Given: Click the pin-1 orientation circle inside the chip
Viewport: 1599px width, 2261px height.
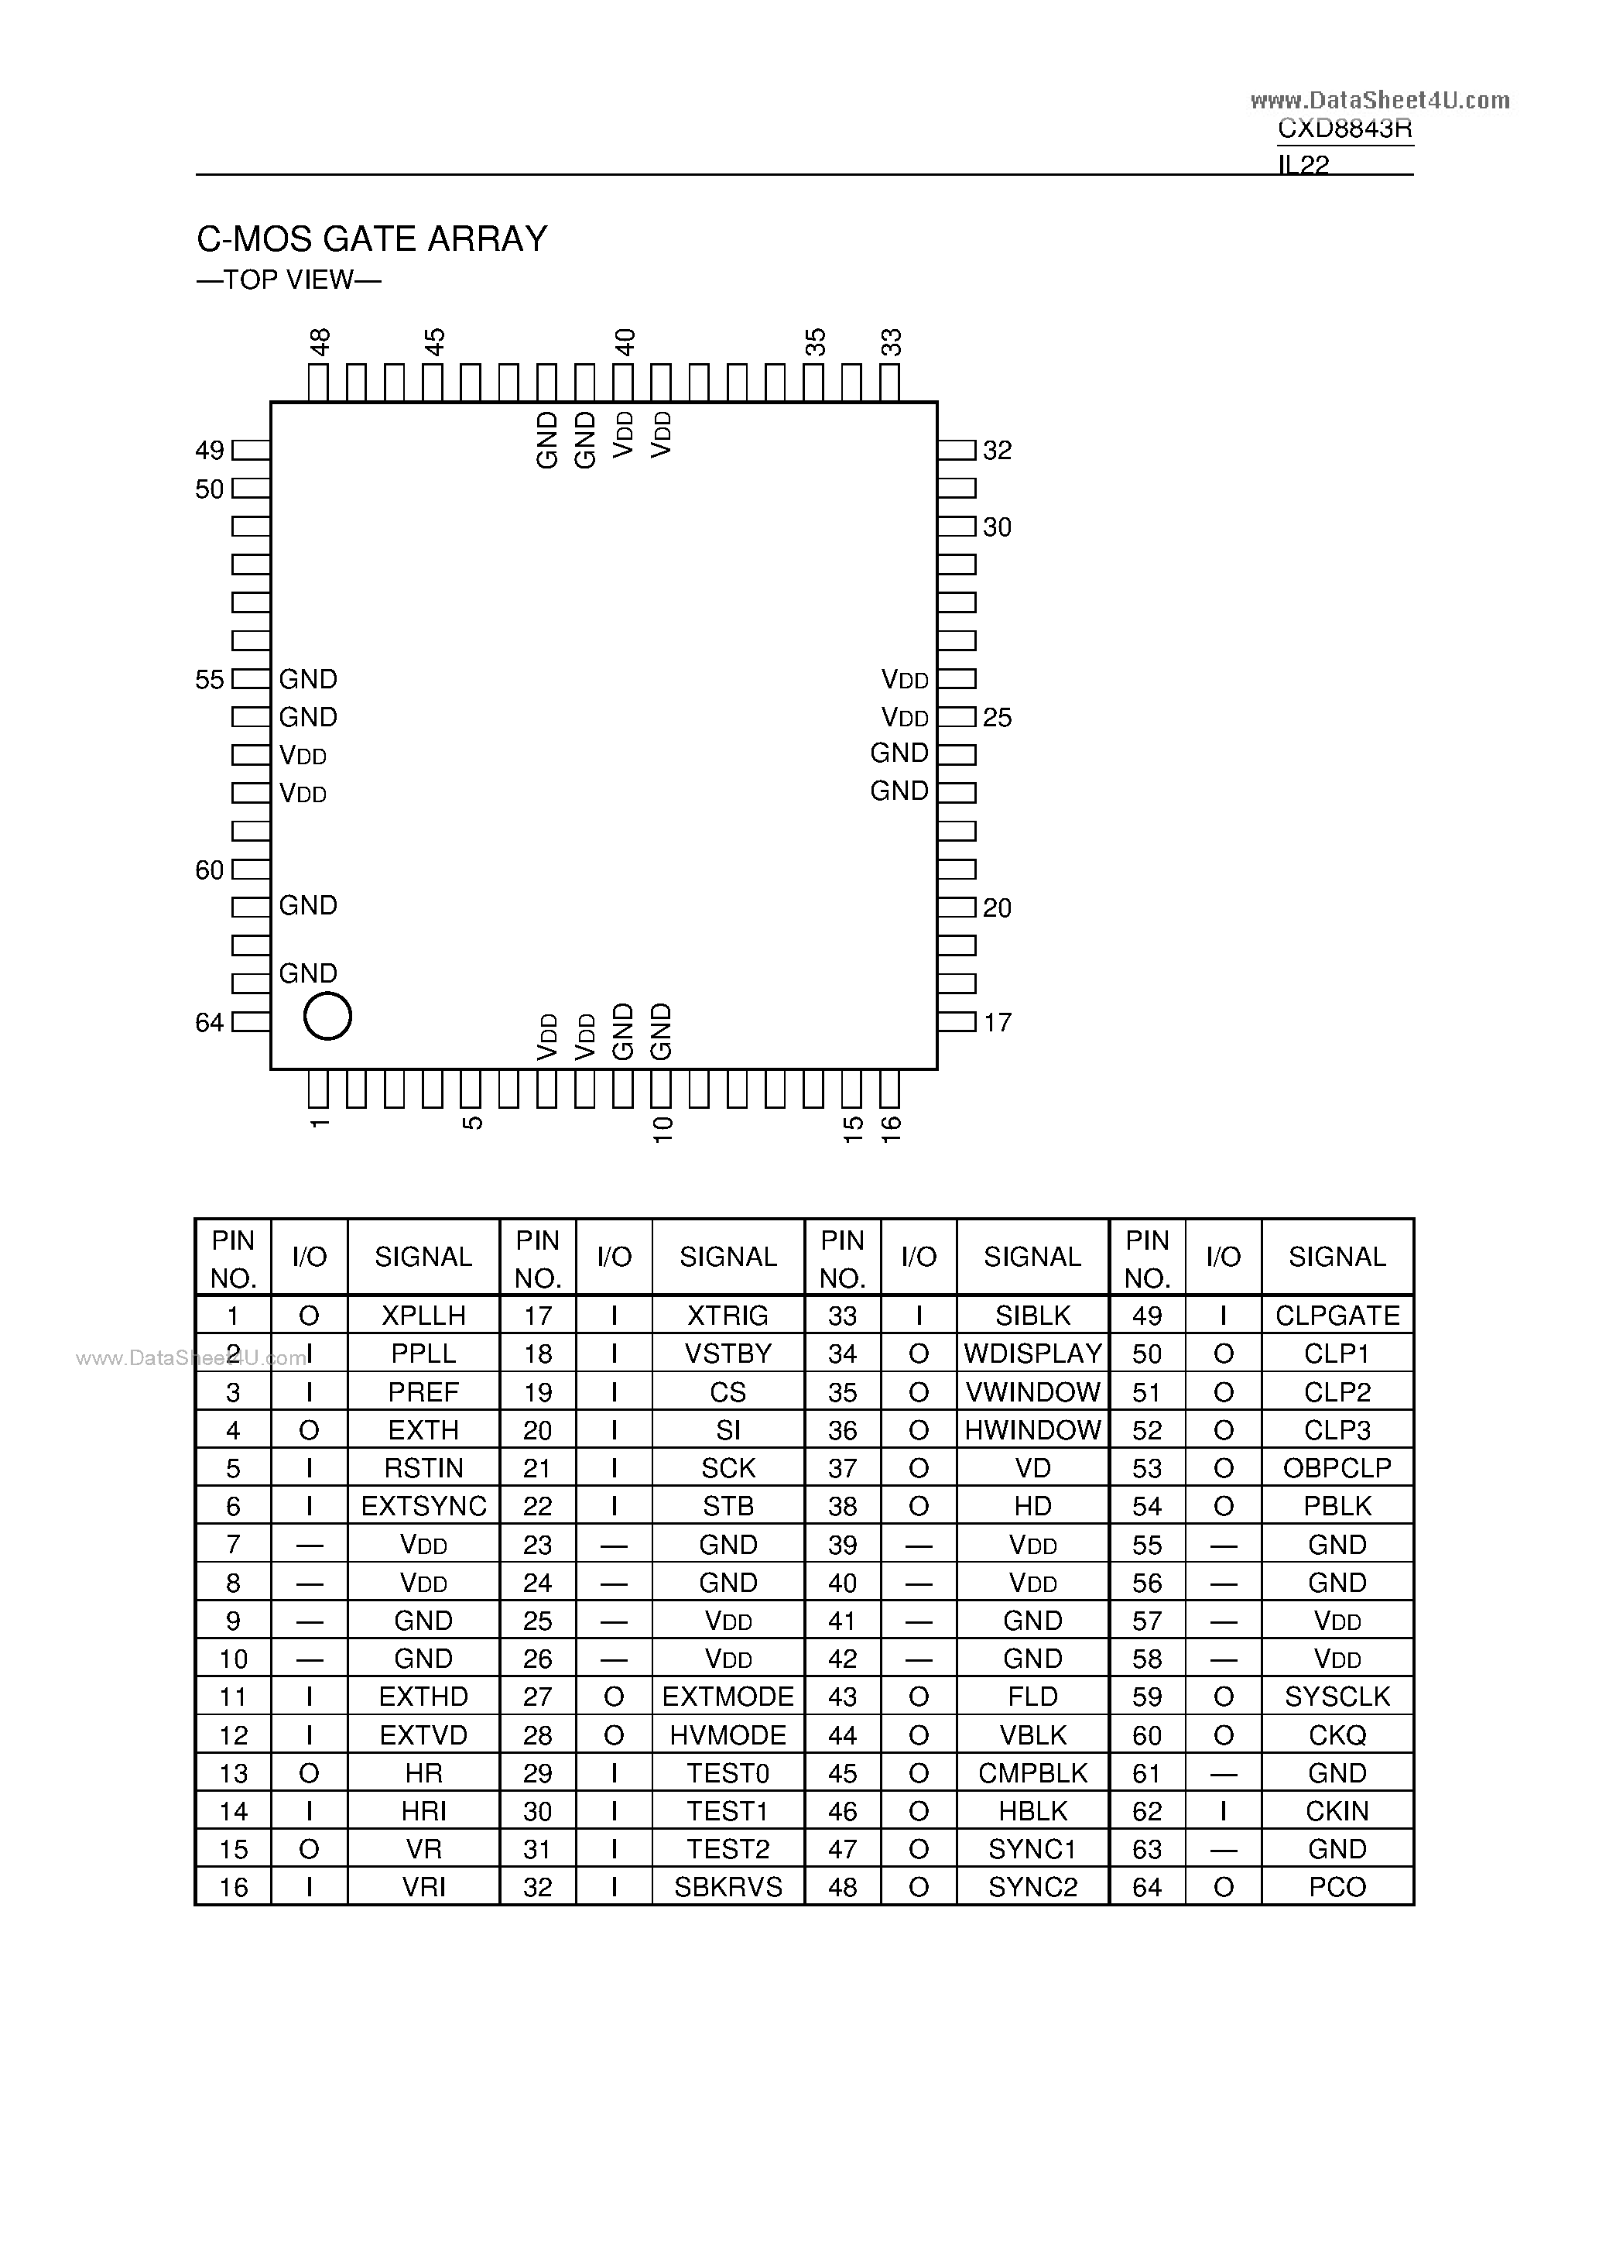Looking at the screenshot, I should [x=328, y=1015].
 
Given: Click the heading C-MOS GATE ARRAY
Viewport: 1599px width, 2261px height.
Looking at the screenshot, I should [x=372, y=239].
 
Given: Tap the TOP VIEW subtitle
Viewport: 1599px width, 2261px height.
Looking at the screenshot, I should [x=289, y=280].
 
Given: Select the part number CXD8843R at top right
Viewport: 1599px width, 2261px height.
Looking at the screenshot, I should [x=1344, y=129].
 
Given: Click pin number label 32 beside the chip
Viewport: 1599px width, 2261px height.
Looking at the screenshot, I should [x=998, y=450].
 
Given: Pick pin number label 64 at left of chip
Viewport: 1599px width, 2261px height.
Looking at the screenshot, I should [x=210, y=1022].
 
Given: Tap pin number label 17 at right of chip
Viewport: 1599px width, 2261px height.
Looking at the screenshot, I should [x=998, y=1022].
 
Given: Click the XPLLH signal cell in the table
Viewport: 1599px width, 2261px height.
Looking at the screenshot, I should [x=423, y=1316].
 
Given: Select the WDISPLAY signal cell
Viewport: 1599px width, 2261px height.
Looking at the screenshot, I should [x=1033, y=1354].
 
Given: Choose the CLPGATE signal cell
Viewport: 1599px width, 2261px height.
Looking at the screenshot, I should [x=1337, y=1316].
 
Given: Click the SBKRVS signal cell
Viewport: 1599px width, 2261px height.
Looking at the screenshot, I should [x=728, y=1887].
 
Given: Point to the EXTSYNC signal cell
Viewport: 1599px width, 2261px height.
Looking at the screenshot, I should [x=423, y=1506].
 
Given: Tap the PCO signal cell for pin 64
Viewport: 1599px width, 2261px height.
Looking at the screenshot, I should [x=1337, y=1887].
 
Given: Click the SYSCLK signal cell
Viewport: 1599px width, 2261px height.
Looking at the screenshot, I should [x=1337, y=1696].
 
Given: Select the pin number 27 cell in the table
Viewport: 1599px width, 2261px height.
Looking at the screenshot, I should [x=538, y=1696].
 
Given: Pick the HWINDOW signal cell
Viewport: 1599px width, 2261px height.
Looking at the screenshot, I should [x=1033, y=1430].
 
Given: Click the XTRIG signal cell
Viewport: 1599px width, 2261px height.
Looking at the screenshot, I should [x=728, y=1316].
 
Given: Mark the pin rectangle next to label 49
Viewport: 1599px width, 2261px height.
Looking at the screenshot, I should [x=251, y=450].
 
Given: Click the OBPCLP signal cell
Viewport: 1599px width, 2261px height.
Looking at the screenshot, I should [x=1337, y=1468].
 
